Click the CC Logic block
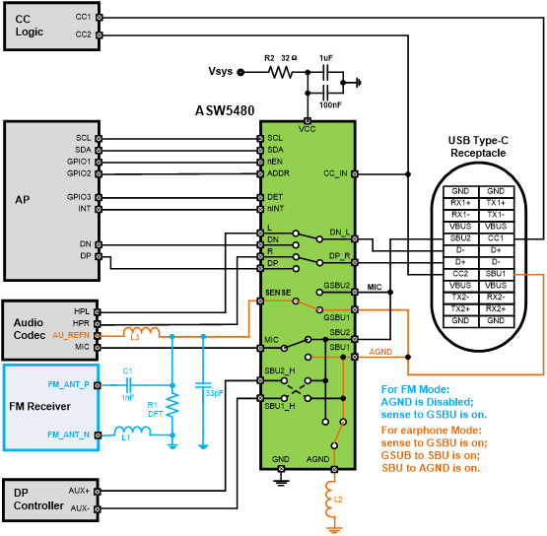(x=52, y=27)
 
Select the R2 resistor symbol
(x=280, y=73)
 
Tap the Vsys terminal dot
(x=240, y=73)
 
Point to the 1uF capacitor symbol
(x=326, y=73)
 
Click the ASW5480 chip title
(x=225, y=111)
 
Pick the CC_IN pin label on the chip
(x=335, y=173)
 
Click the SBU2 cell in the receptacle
(x=460, y=238)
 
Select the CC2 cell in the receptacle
(x=460, y=274)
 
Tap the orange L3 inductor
(x=141, y=332)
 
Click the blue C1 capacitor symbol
(x=128, y=385)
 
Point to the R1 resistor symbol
(x=172, y=405)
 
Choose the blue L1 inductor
(x=133, y=431)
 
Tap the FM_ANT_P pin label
(x=68, y=384)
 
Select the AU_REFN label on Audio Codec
(x=71, y=335)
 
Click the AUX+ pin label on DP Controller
(x=79, y=491)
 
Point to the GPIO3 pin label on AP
(x=79, y=197)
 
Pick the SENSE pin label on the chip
(x=278, y=293)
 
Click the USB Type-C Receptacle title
(x=478, y=147)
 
